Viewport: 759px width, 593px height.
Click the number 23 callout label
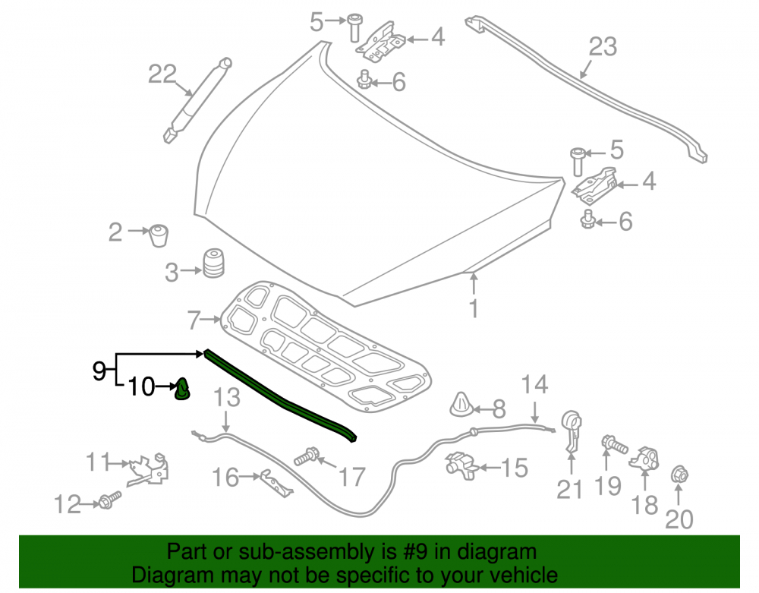(x=603, y=47)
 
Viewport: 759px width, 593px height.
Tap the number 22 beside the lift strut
(x=162, y=74)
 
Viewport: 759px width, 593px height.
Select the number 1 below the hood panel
(x=474, y=308)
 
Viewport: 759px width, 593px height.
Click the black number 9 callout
(x=99, y=371)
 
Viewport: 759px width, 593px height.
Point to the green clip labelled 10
(x=182, y=390)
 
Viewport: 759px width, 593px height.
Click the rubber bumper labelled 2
(x=159, y=235)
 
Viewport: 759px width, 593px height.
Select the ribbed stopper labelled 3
(x=213, y=263)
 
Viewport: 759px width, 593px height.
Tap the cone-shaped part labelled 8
(x=461, y=405)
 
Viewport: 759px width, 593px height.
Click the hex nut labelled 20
(x=679, y=475)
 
